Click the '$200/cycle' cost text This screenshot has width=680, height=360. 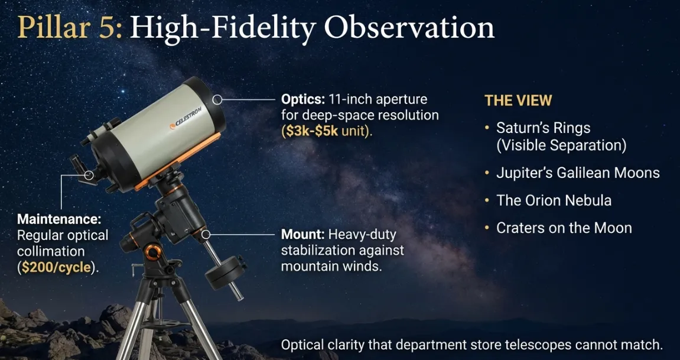57,267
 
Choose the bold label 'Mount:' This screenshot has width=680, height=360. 302,234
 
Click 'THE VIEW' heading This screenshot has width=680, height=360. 518,100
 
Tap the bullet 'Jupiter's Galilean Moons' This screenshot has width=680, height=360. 578,173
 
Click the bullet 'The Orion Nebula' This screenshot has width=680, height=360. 554,200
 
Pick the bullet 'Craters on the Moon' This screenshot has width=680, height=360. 564,228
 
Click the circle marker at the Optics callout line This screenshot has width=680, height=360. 217,100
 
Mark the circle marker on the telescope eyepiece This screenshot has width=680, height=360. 89,175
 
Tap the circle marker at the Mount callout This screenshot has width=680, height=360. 206,235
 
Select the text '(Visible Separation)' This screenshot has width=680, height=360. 561,145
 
